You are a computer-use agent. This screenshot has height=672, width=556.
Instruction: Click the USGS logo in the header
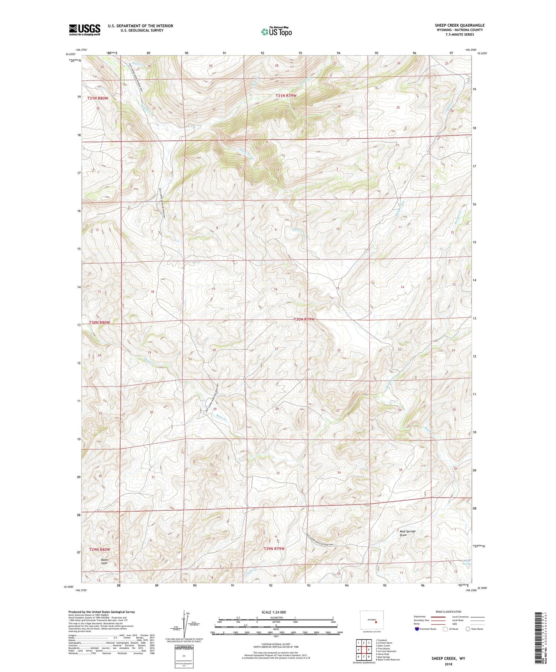(85, 30)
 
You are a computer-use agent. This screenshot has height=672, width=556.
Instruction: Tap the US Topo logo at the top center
(276, 32)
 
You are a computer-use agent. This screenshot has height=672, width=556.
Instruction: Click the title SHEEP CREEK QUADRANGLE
(459, 25)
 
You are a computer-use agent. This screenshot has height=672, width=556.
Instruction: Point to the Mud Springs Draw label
(407, 533)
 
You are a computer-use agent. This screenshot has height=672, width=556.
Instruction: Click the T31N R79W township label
(286, 96)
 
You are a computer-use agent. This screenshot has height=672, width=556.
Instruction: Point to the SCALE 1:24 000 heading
(276, 612)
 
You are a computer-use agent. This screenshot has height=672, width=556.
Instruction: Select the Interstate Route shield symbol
(417, 629)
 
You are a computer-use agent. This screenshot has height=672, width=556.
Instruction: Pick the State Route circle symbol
(468, 629)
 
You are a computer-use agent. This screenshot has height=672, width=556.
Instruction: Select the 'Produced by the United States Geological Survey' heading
(101, 612)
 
